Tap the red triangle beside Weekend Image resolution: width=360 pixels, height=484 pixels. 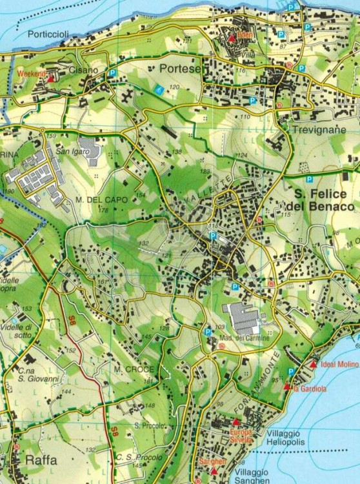tap(51, 76)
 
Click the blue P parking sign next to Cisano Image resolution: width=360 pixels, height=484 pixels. tap(112, 74)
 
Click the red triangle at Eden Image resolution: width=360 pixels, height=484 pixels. tap(232, 39)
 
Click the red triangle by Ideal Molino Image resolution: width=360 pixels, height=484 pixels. tap(313, 365)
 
